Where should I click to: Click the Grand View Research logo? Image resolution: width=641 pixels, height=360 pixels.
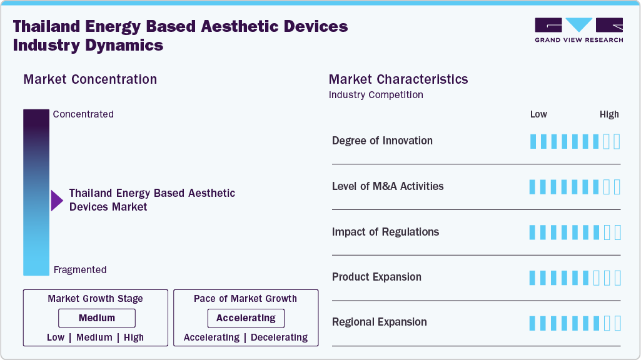(x=578, y=30)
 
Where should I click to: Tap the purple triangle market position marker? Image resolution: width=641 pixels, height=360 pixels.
(x=57, y=201)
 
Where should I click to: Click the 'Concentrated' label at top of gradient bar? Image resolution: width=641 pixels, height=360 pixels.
(x=83, y=114)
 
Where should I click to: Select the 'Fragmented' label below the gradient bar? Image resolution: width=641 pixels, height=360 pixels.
(x=80, y=270)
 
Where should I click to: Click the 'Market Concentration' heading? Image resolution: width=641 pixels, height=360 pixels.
(x=90, y=79)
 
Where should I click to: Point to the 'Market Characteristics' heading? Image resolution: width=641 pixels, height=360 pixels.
(x=398, y=79)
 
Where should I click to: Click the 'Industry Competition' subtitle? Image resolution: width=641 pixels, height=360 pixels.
(x=375, y=95)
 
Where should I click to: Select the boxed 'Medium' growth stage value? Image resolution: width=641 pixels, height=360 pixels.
(x=97, y=318)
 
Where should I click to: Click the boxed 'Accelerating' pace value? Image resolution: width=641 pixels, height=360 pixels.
(x=246, y=318)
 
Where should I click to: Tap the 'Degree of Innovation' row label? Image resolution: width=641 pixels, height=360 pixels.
(x=382, y=141)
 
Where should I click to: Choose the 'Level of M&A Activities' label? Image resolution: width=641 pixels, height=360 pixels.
(x=388, y=186)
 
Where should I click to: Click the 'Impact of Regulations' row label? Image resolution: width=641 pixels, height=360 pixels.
(x=385, y=232)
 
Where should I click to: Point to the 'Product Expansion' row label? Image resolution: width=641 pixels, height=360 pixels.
(x=376, y=277)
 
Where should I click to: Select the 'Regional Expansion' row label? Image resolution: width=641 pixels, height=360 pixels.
(x=379, y=322)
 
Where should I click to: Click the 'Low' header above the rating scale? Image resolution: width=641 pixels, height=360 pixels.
(x=538, y=114)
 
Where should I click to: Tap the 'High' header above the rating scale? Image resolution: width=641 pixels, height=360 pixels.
(x=609, y=114)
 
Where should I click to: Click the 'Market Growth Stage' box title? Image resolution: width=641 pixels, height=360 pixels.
(x=95, y=299)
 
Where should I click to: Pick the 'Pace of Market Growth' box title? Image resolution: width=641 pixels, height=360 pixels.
(x=245, y=299)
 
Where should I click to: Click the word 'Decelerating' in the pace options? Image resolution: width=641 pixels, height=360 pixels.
(x=279, y=337)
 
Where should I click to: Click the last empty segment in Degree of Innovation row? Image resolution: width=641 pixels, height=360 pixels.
(x=617, y=141)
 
